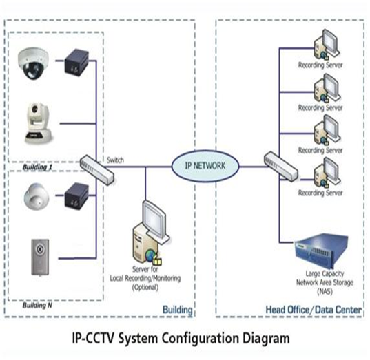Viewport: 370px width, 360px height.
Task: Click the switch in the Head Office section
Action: [x=276, y=165]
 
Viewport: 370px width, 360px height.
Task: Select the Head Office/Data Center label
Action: [x=314, y=311]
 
